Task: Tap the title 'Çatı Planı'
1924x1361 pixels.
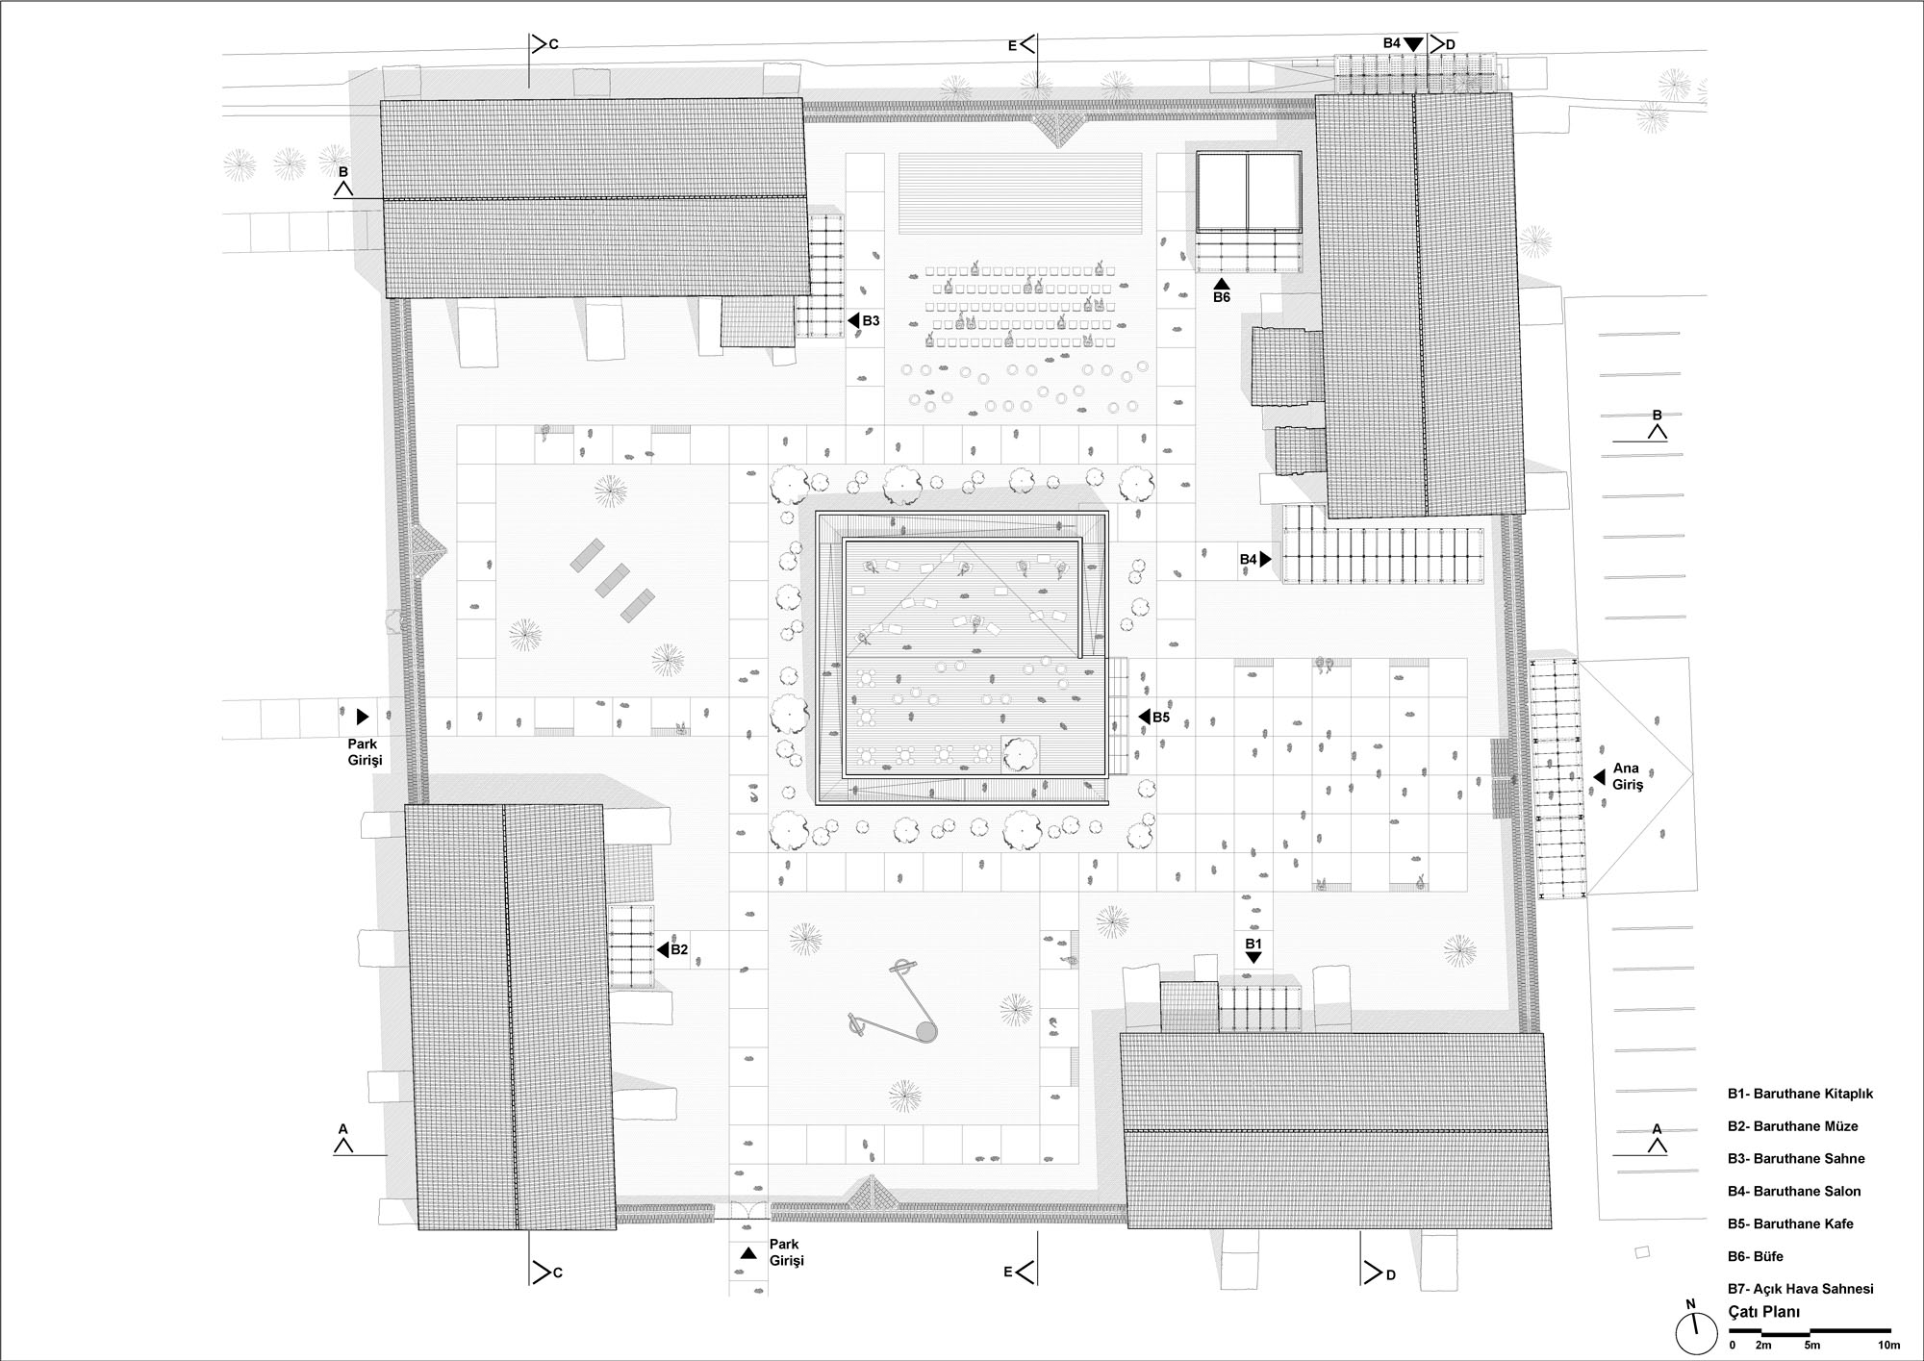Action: coord(1764,1312)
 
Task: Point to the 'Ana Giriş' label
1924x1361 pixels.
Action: coord(1628,776)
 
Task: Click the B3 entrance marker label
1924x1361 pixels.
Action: coord(871,320)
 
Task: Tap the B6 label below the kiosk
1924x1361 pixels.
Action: coord(1221,297)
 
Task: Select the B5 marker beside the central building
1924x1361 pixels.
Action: coord(1161,717)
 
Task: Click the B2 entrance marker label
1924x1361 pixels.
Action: coord(679,949)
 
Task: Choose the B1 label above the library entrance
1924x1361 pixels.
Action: coord(1253,945)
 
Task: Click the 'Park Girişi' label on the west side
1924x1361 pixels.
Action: coord(365,751)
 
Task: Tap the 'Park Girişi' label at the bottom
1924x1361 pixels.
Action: coord(786,1252)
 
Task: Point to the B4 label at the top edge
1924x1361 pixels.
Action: coord(1391,43)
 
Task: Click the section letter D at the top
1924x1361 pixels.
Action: coord(1451,44)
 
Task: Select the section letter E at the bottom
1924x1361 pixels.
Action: coord(1008,1272)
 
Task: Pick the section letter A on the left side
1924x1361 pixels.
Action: coord(342,1128)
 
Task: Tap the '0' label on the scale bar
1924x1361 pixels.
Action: coord(1733,1345)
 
